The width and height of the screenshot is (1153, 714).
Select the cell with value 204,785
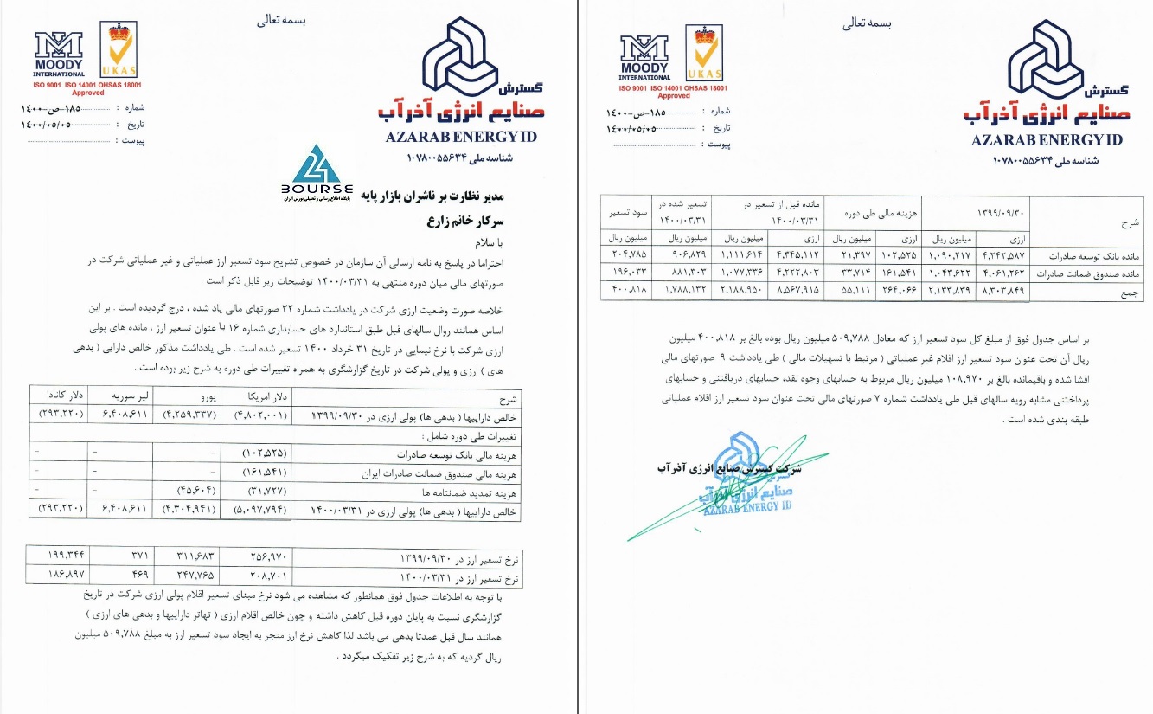point(627,257)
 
